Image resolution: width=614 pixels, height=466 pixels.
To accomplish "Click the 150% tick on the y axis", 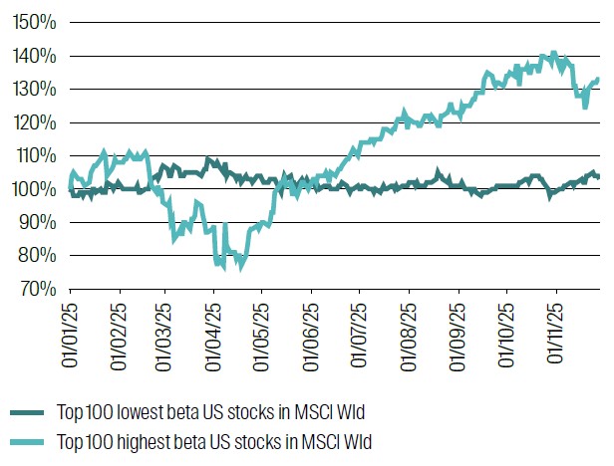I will (35, 22).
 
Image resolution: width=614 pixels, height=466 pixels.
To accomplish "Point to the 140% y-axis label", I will (35, 56).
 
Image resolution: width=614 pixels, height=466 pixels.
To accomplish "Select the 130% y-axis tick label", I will (35, 89).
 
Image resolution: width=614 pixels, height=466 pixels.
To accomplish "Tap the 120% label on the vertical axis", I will (35, 122).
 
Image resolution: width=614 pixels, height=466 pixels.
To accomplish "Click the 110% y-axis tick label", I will (35, 155).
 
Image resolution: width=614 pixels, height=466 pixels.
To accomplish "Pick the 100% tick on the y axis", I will (35, 189).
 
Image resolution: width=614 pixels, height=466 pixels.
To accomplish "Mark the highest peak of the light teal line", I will (553, 54).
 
